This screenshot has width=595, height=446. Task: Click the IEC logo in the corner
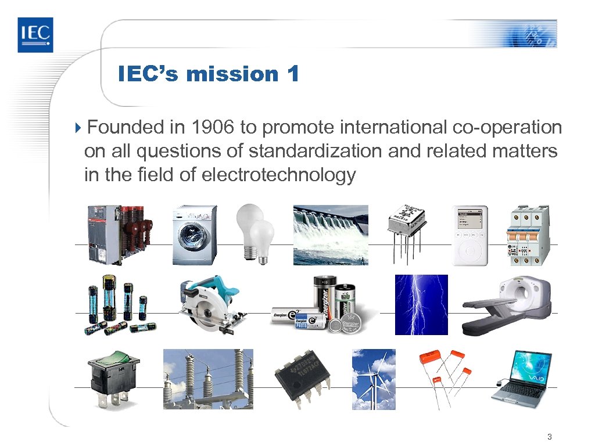point(35,35)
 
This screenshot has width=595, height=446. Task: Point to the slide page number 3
point(549,437)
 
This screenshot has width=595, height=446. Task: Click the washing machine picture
point(194,235)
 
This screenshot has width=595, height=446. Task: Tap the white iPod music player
point(469,235)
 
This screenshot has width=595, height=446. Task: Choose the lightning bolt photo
point(421,305)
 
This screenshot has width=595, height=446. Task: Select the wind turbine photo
point(374,379)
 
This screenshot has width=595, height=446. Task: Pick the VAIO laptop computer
point(521,379)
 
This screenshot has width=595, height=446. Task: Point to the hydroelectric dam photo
point(330,235)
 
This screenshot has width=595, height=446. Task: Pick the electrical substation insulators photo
point(208,379)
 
